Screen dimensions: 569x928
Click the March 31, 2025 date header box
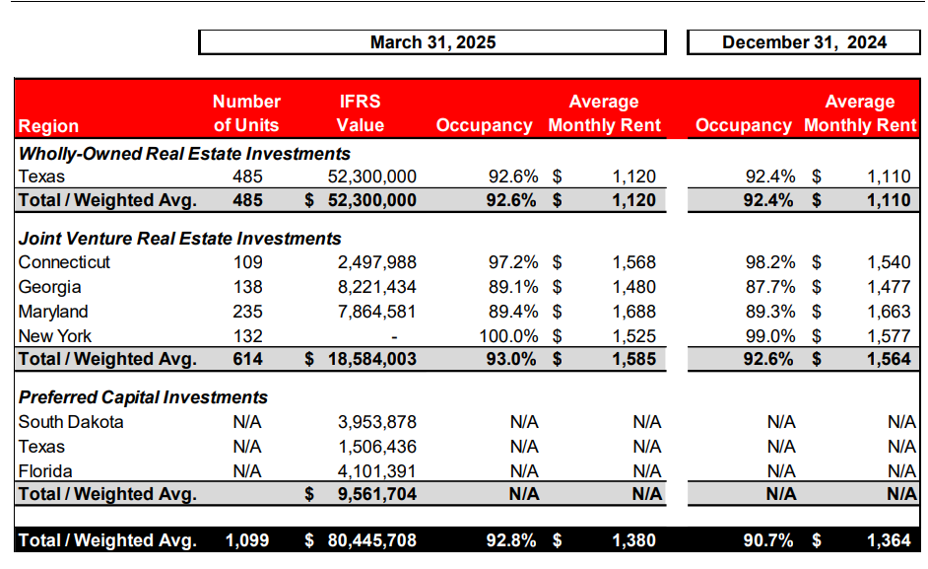431,42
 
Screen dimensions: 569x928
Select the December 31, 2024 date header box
804,42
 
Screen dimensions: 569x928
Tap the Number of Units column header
246,113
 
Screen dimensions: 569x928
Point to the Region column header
48,126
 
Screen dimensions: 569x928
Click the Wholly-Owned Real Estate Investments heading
184,153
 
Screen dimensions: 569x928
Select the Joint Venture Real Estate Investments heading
180,238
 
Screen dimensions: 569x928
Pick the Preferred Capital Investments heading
143,397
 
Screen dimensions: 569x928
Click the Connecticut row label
64,262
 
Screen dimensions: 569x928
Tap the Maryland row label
55,312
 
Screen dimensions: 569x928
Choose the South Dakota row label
71,422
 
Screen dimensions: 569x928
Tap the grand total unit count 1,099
246,540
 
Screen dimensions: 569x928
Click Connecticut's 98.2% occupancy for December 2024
769,262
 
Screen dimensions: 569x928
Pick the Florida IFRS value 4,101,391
376,470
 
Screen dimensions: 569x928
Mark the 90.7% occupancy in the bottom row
768,540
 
